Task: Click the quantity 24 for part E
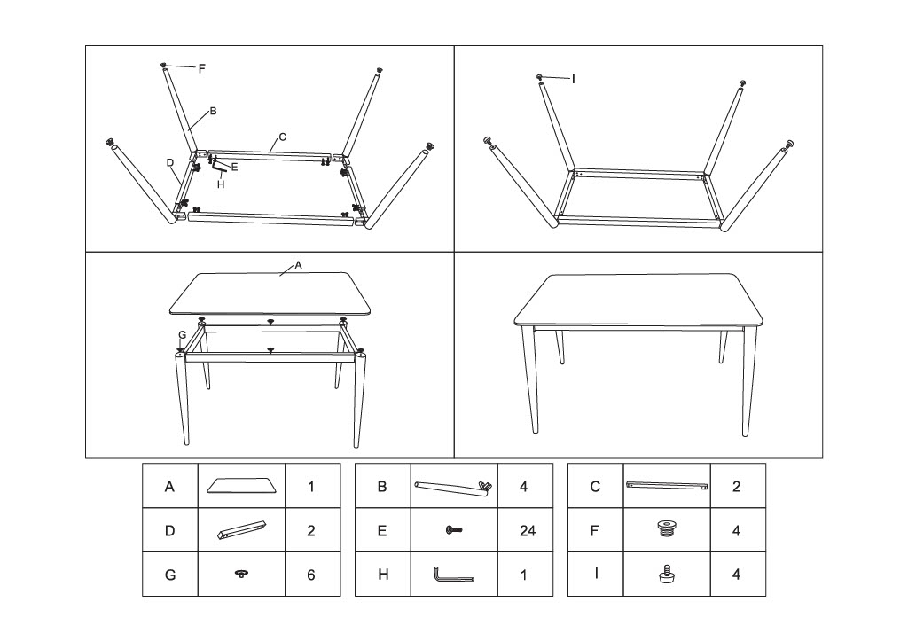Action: [x=527, y=531]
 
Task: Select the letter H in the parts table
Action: [x=383, y=575]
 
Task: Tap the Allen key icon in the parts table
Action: [x=453, y=575]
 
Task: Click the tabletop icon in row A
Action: [x=241, y=485]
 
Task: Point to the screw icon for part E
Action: [x=453, y=530]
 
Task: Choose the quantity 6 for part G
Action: [x=311, y=575]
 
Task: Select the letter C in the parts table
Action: [x=595, y=487]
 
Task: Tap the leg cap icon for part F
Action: [x=667, y=529]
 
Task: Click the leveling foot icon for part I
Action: [x=667, y=574]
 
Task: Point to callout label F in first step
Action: [x=201, y=69]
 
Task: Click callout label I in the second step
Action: [x=574, y=79]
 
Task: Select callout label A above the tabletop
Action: [x=298, y=265]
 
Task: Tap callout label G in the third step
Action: [x=182, y=335]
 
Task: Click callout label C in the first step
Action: [x=283, y=137]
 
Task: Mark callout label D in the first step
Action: [x=170, y=163]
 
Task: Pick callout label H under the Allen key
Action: [x=221, y=184]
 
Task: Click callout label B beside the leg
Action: [x=213, y=111]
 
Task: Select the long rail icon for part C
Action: [x=667, y=485]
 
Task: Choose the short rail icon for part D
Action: [x=241, y=528]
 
